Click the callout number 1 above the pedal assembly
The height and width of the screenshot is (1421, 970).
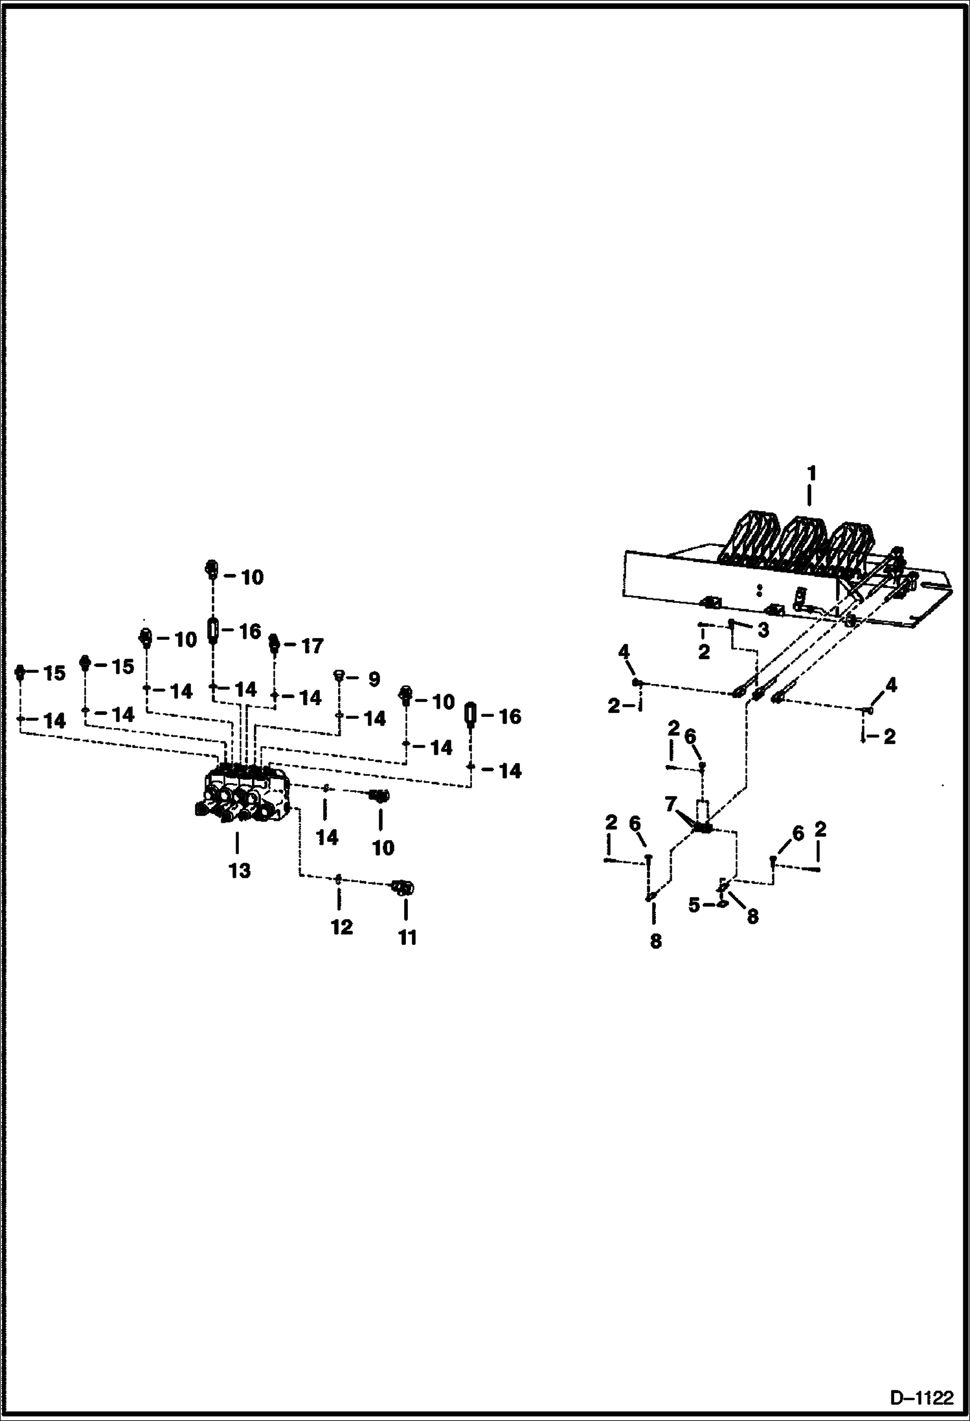click(x=811, y=473)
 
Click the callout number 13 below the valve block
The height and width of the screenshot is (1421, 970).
click(x=239, y=871)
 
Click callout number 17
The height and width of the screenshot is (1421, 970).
click(x=312, y=646)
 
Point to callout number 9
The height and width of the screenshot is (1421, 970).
click(x=374, y=679)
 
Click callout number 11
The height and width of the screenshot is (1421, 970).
click(x=407, y=937)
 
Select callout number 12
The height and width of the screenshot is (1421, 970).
click(x=341, y=927)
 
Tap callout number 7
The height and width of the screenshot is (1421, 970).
click(x=671, y=805)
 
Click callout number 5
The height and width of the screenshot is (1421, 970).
click(x=694, y=905)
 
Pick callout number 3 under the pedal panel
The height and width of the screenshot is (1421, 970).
click(x=763, y=630)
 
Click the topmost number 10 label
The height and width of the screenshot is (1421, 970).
click(x=252, y=577)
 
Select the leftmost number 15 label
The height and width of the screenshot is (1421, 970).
click(x=54, y=673)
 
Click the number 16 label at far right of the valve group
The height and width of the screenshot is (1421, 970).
click(x=510, y=716)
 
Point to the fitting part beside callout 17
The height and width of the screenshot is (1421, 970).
click(x=273, y=644)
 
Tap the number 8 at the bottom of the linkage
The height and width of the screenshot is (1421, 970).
click(x=655, y=941)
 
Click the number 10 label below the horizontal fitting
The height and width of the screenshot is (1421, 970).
click(x=383, y=847)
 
